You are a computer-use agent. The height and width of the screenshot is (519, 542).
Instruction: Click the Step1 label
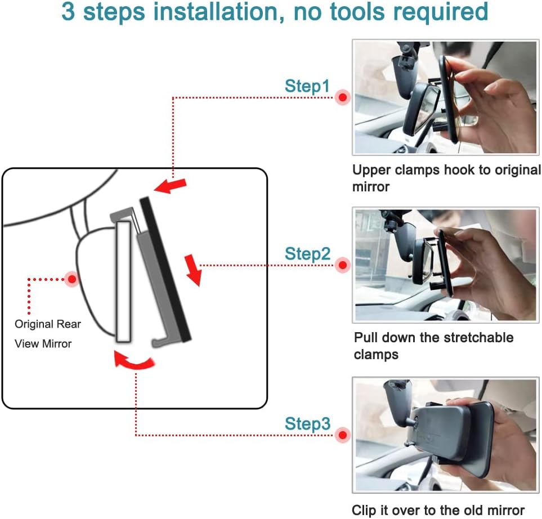[307, 86]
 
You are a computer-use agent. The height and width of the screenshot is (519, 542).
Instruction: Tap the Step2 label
[308, 254]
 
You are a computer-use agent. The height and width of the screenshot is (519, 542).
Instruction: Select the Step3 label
[308, 423]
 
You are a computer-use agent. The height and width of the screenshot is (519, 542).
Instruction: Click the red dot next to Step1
[343, 97]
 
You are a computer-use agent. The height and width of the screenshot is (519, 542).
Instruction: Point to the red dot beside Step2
[343, 265]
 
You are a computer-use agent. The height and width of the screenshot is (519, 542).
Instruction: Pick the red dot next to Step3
[343, 435]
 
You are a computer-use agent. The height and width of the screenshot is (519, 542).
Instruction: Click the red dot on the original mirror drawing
[72, 279]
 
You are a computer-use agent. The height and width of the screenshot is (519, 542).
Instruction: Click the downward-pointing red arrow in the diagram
[193, 270]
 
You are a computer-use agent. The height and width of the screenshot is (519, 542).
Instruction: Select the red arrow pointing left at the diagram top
[171, 186]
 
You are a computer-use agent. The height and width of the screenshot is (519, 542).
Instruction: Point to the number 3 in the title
[68, 12]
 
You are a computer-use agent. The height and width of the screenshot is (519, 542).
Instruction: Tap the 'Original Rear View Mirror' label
[48, 334]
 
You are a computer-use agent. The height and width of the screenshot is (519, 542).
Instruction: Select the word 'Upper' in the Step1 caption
[371, 170]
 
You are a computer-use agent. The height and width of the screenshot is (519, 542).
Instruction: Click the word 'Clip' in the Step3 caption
[364, 511]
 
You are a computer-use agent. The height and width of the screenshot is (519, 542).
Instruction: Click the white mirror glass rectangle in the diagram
[124, 281]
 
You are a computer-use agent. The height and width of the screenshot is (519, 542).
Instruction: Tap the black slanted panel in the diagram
[165, 270]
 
